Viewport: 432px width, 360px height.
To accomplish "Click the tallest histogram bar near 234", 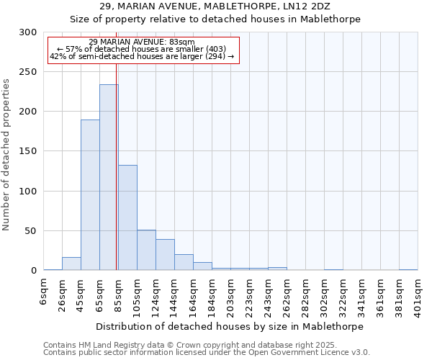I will click(109, 177).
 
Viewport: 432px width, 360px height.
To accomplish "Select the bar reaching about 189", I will click(90, 194).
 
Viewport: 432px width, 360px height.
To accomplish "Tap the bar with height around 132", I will click(127, 217).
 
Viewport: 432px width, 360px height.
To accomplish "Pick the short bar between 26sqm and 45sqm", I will click(71, 264).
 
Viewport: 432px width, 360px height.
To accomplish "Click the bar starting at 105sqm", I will click(146, 250).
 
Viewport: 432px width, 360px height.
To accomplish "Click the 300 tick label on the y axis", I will click(28, 32).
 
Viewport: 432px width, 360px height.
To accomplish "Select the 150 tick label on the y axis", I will click(28, 151).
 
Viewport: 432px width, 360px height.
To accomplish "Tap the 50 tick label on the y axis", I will click(31, 231).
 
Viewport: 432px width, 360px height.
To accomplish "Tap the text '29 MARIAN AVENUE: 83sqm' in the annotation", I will click(142, 42).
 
